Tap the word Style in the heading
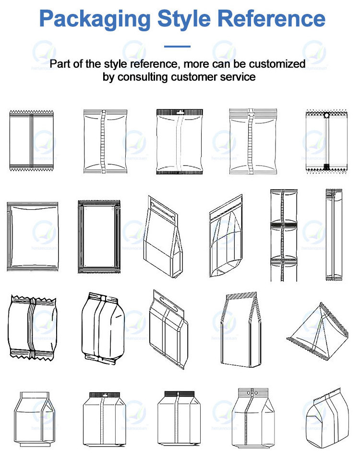[x=189, y=19]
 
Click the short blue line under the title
[x=177, y=47]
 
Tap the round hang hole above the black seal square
[x=326, y=116]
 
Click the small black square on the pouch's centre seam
[x=326, y=166]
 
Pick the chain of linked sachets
[x=284, y=235]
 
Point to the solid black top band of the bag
[x=177, y=394]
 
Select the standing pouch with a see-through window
[x=226, y=238]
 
